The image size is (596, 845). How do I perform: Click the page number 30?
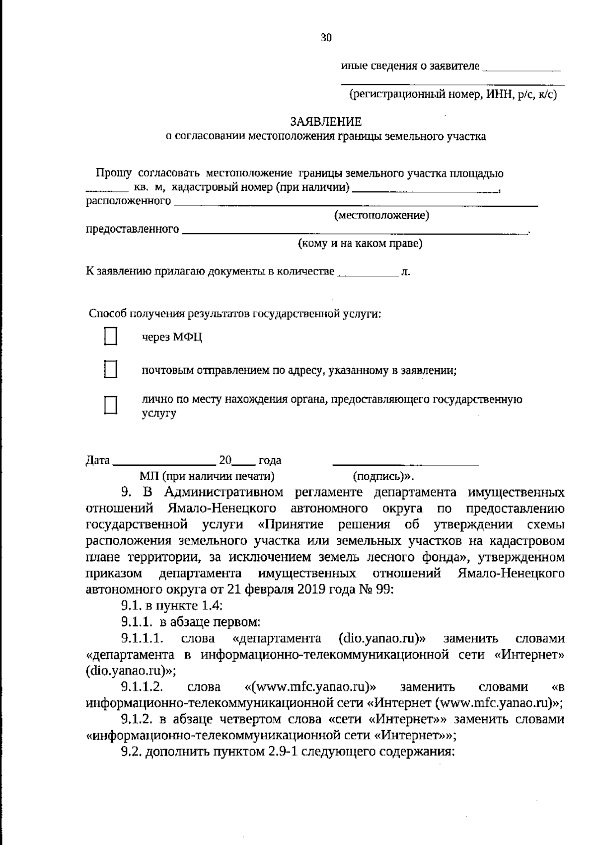coord(326,38)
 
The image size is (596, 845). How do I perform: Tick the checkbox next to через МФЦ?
coord(110,337)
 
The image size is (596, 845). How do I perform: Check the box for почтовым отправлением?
coord(110,370)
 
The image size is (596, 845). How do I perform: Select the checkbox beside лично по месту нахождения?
coord(110,405)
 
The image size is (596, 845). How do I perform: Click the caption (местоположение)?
coord(381,215)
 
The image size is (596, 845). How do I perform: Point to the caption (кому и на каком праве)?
coord(360,244)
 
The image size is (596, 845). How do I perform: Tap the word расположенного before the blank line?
coord(129,201)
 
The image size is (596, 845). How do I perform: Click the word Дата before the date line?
coord(98,460)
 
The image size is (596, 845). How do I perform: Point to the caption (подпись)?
coord(381,476)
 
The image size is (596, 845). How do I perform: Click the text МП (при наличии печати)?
coord(207,476)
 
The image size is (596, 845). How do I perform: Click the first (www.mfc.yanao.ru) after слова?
coord(310,687)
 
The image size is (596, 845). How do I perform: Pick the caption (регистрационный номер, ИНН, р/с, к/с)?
coord(452,94)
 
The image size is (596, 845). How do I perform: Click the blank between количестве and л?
coord(368,273)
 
